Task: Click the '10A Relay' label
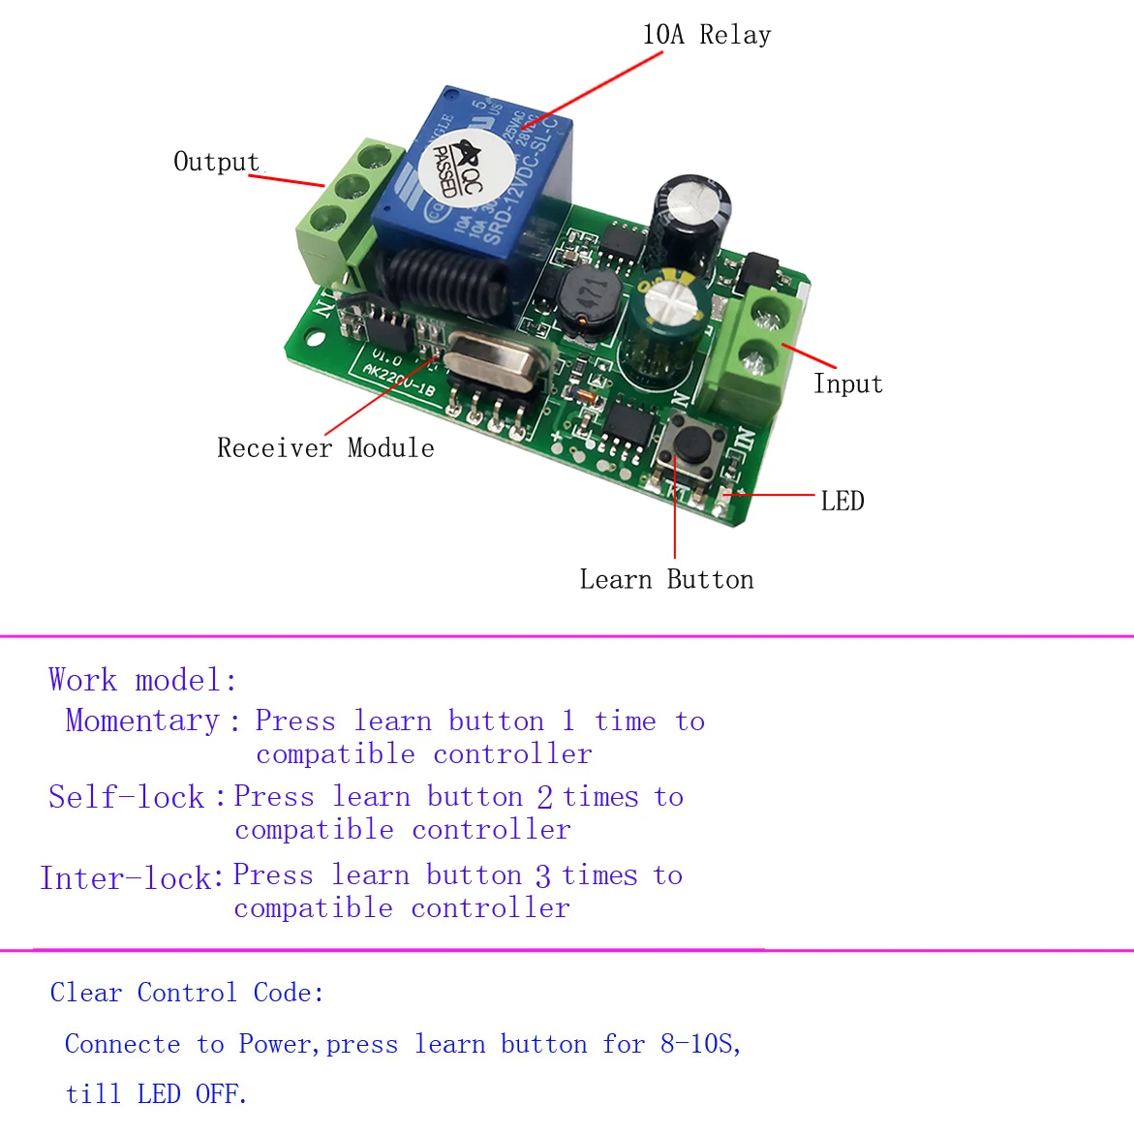(x=706, y=36)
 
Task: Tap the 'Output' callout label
(x=216, y=162)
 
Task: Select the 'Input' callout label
(x=847, y=384)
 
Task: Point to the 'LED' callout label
(x=842, y=502)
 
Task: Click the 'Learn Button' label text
(x=666, y=580)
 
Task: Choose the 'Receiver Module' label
(x=325, y=448)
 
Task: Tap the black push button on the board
(x=690, y=444)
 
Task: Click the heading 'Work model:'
(x=142, y=680)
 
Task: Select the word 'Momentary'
(x=142, y=720)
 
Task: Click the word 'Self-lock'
(x=127, y=797)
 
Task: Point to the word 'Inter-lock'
(x=126, y=878)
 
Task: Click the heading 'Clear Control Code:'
(x=187, y=993)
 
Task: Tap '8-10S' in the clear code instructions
(x=699, y=1044)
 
